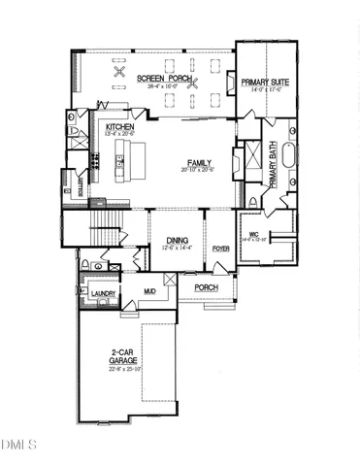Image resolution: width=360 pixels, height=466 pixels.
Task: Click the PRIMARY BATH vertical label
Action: click(275, 164)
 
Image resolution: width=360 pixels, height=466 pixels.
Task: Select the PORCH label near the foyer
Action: click(206, 288)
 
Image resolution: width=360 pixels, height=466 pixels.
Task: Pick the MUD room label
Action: click(150, 290)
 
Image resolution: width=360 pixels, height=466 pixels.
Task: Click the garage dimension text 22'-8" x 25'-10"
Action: click(124, 369)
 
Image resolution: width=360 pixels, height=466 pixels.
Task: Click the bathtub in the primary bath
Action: click(292, 156)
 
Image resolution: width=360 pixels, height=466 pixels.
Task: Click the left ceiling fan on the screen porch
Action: click(120, 72)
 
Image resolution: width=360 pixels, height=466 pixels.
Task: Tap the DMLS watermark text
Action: click(17, 445)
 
